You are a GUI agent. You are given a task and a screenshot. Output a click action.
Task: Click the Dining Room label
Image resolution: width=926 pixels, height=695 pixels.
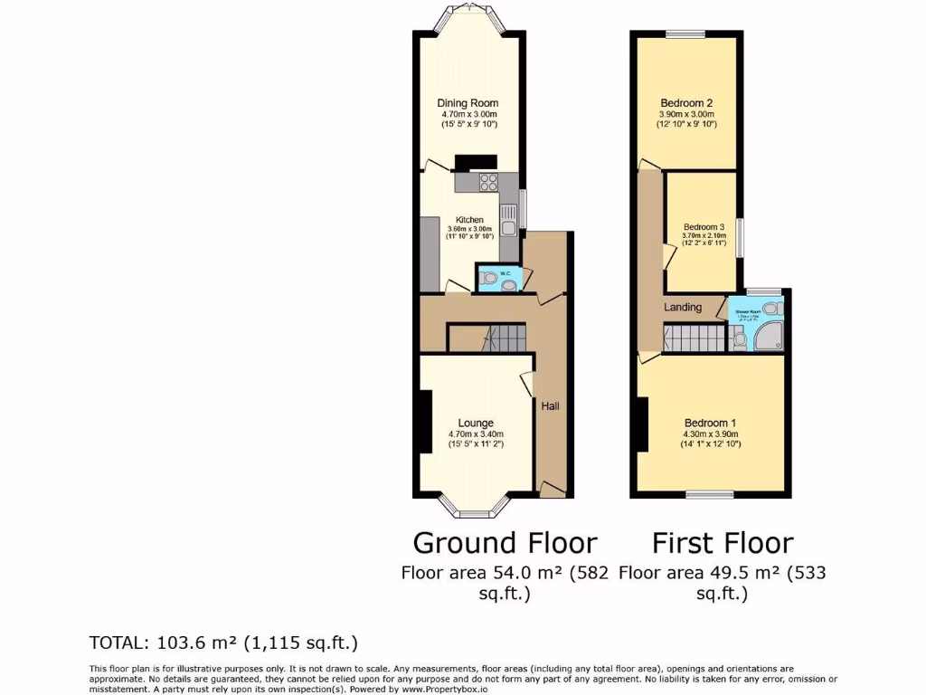tap(468, 103)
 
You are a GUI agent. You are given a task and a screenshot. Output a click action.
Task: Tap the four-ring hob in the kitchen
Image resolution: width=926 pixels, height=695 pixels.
tap(489, 181)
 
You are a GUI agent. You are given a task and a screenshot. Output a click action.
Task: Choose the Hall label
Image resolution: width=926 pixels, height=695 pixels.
tap(550, 406)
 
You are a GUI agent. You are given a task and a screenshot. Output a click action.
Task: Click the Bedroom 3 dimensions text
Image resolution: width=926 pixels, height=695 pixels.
tap(703, 240)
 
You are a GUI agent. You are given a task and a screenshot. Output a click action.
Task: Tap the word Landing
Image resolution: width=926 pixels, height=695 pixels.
tap(683, 308)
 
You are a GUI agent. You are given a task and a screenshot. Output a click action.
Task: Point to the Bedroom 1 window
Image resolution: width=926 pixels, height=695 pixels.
tap(709, 494)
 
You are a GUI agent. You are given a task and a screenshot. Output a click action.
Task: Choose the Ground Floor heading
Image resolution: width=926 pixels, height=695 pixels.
tap(505, 543)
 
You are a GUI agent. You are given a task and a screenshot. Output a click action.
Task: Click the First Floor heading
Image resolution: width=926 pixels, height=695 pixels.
tap(723, 543)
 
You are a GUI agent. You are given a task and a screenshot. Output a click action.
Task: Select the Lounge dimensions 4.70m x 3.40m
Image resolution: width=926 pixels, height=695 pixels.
tap(475, 434)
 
